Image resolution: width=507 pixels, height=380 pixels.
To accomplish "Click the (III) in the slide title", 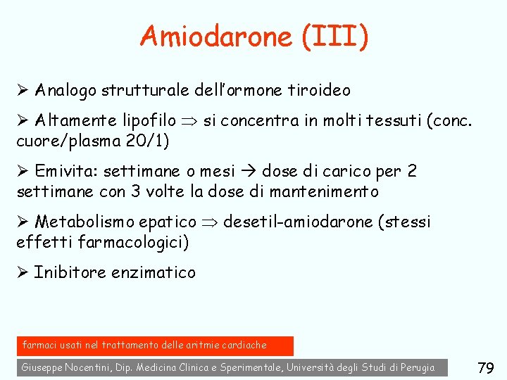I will point(334,37).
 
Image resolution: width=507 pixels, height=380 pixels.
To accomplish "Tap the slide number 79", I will point(486,367).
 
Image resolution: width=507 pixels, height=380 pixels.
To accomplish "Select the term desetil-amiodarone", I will point(297,222).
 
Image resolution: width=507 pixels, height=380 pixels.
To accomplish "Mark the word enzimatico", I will point(154,272).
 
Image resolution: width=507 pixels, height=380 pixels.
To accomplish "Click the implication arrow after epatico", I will point(210,222).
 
